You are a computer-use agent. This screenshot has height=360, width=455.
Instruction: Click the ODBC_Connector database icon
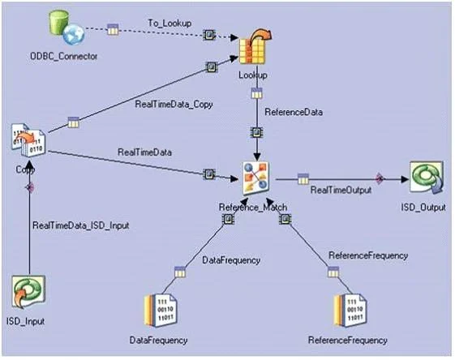[67, 28]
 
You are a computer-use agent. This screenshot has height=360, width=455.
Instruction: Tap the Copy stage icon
[28, 139]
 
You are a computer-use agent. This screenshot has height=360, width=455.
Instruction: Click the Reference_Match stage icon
[256, 178]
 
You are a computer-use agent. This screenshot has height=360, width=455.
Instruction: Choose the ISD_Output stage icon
[427, 178]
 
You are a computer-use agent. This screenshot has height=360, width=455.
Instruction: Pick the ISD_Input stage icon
[28, 292]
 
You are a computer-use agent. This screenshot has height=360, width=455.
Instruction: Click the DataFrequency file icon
[161, 311]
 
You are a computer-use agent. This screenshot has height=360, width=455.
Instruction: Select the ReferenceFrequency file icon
[350, 311]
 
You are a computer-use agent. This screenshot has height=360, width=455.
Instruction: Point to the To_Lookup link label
[170, 24]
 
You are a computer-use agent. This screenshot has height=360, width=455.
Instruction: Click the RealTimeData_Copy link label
[174, 105]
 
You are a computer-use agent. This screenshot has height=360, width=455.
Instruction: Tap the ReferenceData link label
[294, 112]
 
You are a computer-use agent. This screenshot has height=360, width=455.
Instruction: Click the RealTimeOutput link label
[341, 190]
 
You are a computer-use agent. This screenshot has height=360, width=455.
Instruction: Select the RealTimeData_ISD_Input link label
[80, 225]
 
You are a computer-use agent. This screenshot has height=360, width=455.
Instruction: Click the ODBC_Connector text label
[64, 56]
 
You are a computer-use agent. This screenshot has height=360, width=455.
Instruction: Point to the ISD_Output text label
[423, 207]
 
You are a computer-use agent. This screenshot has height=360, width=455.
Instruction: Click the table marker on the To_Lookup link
[113, 29]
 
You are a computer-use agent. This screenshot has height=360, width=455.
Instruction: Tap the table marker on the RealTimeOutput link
[303, 178]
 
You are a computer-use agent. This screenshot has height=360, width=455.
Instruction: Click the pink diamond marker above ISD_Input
[29, 187]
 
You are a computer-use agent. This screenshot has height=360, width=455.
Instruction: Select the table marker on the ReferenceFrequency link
[333, 272]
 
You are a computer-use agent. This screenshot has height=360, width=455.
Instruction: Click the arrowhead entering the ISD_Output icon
[405, 179]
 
